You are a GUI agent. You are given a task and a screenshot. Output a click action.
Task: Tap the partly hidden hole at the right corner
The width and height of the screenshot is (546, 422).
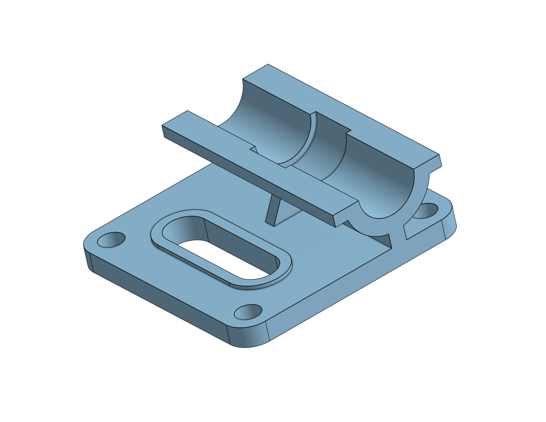click(x=427, y=210)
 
